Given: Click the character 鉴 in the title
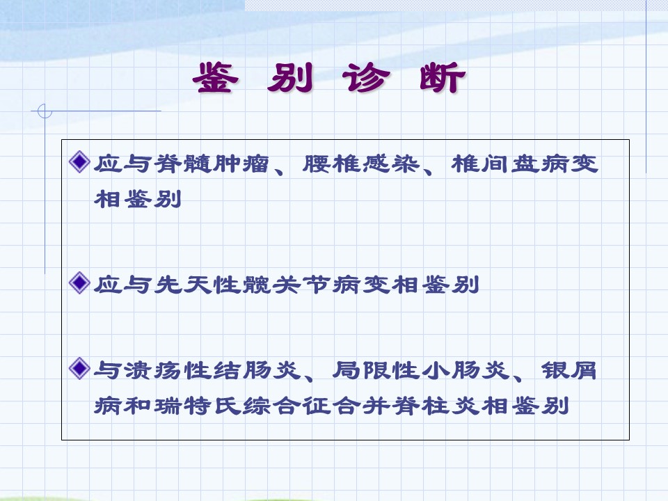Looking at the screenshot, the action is coord(216,78).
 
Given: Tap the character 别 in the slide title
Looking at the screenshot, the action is coord(290,78).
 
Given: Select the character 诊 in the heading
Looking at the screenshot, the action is coord(366,78).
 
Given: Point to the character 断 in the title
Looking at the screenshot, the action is coord(443,78).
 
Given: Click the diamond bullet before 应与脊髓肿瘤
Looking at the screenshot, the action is coord(79,162).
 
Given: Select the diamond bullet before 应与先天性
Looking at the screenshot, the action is coord(79,283).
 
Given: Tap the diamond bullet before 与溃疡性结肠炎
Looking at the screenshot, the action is coord(79,369).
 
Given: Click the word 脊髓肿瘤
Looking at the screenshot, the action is coord(212,164).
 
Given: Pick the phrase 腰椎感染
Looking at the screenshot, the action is coord(361,164).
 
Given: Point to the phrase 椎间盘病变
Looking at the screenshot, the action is coord(525,164).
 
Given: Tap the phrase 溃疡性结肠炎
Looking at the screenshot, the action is coord(198,369).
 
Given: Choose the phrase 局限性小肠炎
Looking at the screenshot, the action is coord(421,369).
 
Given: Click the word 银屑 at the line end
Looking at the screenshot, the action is coord(568,369).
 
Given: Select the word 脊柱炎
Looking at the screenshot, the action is coord(436,406).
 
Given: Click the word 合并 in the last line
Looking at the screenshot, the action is coord(362,406).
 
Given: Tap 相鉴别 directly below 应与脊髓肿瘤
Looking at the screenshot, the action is coord(138,199).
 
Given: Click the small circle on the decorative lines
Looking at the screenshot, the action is coord(45,111).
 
